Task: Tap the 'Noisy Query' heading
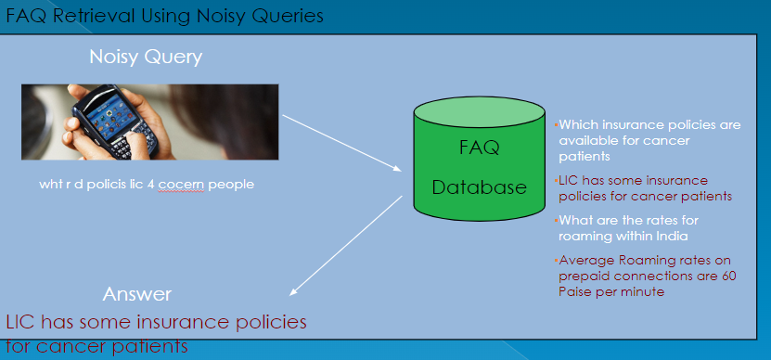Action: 146,58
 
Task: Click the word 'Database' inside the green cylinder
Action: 479,187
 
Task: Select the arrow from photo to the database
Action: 341,143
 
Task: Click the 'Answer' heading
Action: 136,294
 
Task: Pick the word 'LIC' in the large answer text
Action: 22,322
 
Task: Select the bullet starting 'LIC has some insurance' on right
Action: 644,187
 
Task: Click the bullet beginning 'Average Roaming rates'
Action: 646,275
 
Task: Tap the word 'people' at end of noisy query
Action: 231,184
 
